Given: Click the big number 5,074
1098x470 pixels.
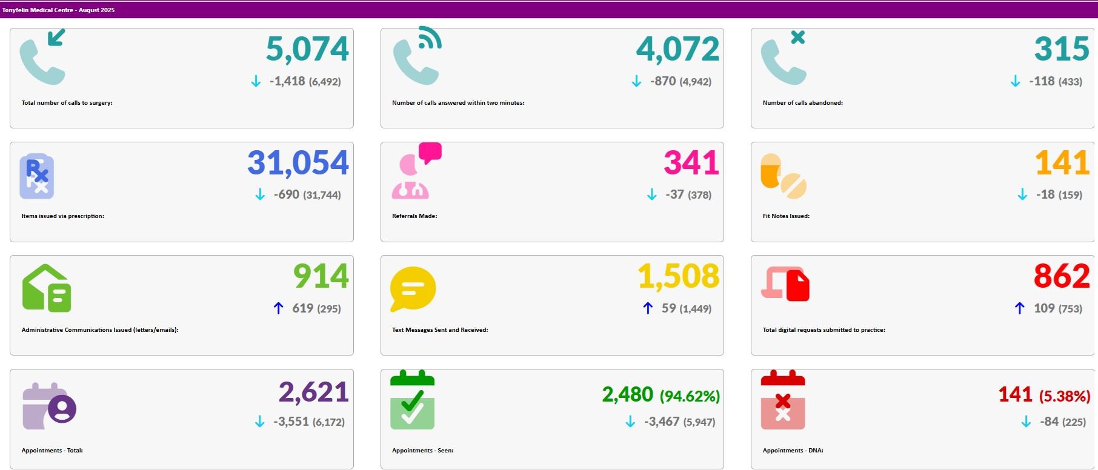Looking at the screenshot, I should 307,49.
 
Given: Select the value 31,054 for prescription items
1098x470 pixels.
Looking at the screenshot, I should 298,163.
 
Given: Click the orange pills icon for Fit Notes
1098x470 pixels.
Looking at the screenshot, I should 783,176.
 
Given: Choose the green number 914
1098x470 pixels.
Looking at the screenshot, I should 321,276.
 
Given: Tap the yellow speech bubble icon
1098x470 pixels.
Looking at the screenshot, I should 413,289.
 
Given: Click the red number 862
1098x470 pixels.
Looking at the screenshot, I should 1062,276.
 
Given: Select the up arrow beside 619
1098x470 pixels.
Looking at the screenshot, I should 278,308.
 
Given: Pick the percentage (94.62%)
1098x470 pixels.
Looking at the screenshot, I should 690,397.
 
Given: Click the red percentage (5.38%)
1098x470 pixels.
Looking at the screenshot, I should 1065,397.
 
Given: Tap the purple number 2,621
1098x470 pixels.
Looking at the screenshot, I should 313,392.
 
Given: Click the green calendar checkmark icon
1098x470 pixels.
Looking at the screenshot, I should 412,400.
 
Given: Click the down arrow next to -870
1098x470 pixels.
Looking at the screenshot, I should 636,81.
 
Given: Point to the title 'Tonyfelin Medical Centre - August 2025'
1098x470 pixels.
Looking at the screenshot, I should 58,10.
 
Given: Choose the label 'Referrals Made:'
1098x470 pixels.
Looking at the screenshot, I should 414,216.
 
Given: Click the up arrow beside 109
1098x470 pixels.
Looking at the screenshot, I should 1020,308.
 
